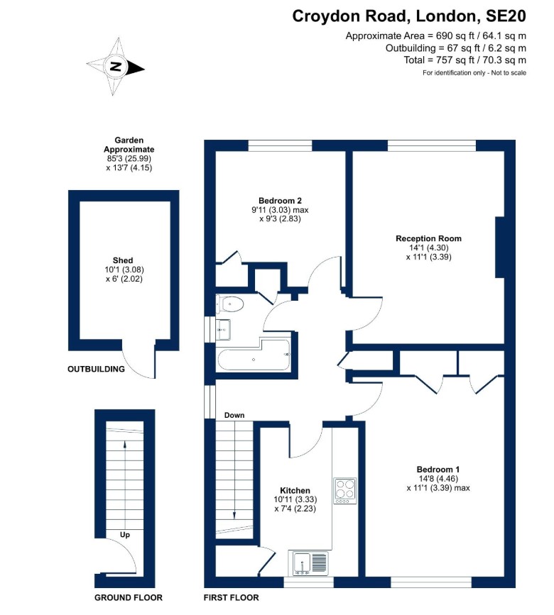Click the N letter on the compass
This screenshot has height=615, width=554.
pos(116,66)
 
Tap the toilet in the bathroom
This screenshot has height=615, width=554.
pos(230,304)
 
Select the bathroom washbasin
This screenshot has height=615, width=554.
pos(223,329)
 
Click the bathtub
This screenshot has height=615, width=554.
pos(254,355)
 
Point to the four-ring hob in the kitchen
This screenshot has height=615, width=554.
pos(345,491)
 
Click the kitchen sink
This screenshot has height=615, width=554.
pos(309,563)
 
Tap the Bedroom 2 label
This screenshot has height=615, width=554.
pos(280,201)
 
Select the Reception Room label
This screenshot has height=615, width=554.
pos(428,238)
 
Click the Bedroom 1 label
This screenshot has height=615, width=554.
pos(438,469)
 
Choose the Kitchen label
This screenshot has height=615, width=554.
pos(295,490)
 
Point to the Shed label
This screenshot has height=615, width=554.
pos(123,260)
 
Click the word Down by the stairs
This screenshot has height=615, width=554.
pos(234,415)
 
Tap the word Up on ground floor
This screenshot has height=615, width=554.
pos(125,535)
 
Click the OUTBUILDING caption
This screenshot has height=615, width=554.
pos(96,369)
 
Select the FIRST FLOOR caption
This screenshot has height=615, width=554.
pos(232,598)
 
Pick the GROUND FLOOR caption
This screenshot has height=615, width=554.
pos(129,598)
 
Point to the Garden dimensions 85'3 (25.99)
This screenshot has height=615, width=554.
pos(129,158)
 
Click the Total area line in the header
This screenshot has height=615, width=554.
pos(465,60)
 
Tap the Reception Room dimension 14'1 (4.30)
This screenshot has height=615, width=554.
pos(429,248)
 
